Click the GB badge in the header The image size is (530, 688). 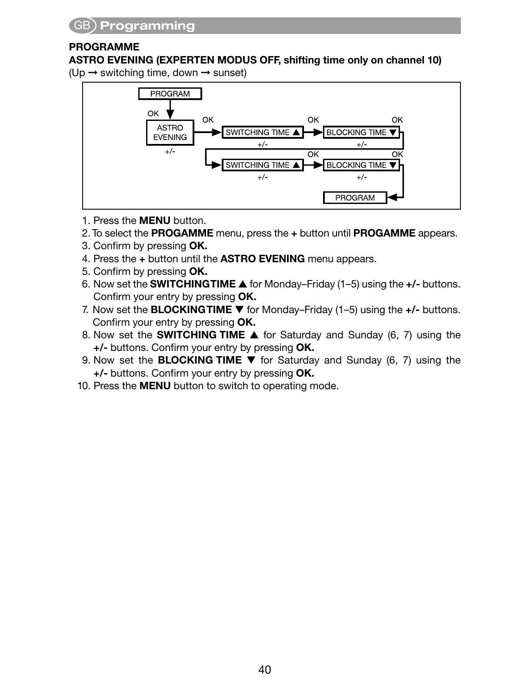pyautogui.click(x=82, y=26)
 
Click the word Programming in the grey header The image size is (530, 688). pyautogui.click(x=147, y=26)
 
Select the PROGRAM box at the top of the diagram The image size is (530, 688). pyautogui.click(x=170, y=94)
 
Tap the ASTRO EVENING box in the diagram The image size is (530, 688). pyautogui.click(x=170, y=133)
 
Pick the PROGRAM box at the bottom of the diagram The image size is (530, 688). pyautogui.click(x=355, y=198)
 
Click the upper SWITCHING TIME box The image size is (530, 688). pyautogui.click(x=262, y=133)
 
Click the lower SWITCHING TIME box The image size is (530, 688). pyautogui.click(x=262, y=165)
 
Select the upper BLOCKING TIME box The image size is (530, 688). pyautogui.click(x=361, y=133)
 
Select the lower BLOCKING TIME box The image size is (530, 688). pyautogui.click(x=361, y=165)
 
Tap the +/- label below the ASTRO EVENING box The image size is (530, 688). pyautogui.click(x=170, y=151)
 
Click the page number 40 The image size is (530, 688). pyautogui.click(x=265, y=670)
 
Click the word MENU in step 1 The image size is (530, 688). pyautogui.click(x=155, y=220)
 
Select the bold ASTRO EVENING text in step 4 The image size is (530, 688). pyautogui.click(x=262, y=259)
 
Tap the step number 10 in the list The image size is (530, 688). pyautogui.click(x=83, y=386)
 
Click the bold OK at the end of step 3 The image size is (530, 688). pyautogui.click(x=198, y=246)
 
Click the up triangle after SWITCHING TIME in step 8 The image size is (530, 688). pyautogui.click(x=254, y=335)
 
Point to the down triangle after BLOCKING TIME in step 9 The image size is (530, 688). pyautogui.click(x=250, y=360)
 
